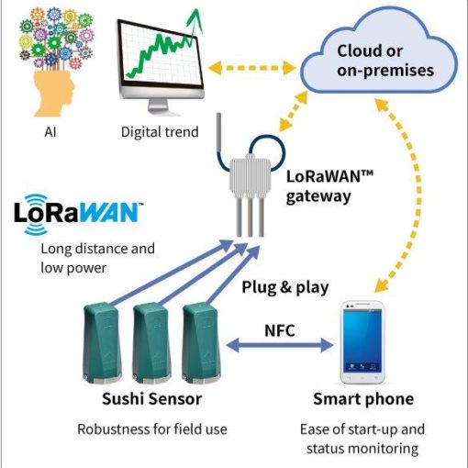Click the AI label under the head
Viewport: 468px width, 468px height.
point(50,132)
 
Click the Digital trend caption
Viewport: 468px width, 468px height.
point(160,132)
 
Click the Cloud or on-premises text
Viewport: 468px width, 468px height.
point(385,61)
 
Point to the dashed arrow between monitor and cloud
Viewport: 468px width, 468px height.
point(251,68)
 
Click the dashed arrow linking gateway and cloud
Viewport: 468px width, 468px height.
point(293,111)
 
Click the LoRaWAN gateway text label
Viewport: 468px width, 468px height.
point(329,186)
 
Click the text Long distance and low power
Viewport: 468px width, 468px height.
point(98,258)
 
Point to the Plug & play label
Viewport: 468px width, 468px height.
point(285,287)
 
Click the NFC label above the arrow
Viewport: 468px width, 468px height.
point(280,330)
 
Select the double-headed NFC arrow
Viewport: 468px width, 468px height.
point(280,345)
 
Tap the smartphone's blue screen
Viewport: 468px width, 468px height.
point(362,340)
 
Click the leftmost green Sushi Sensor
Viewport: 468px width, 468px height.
point(102,342)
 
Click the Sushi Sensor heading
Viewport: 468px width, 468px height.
point(151,399)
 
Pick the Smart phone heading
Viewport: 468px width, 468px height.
point(363,399)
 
